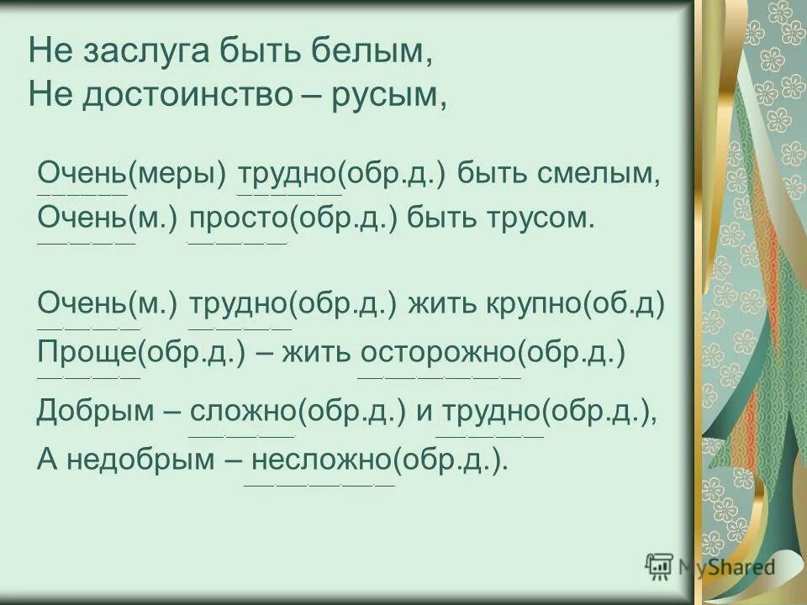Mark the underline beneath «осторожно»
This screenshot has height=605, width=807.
click(x=439, y=377)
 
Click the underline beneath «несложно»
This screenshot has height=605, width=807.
click(x=319, y=486)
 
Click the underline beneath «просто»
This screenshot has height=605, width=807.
click(x=238, y=244)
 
